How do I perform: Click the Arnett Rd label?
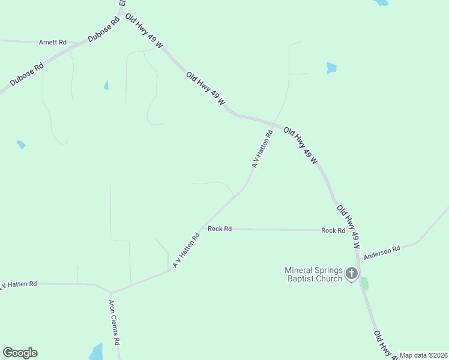click(x=52, y=43)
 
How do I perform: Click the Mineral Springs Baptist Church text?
click(x=313, y=274)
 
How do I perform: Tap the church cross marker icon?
click(x=352, y=274)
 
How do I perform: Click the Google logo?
click(x=20, y=353)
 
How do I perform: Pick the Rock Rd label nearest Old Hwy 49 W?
click(x=333, y=230)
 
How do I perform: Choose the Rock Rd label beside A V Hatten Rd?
click(x=219, y=229)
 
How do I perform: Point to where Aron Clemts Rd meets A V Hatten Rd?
click(x=111, y=293)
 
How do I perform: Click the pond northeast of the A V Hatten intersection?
click(x=331, y=68)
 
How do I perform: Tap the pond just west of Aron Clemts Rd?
click(x=95, y=352)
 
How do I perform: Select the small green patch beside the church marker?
click(x=364, y=284)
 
